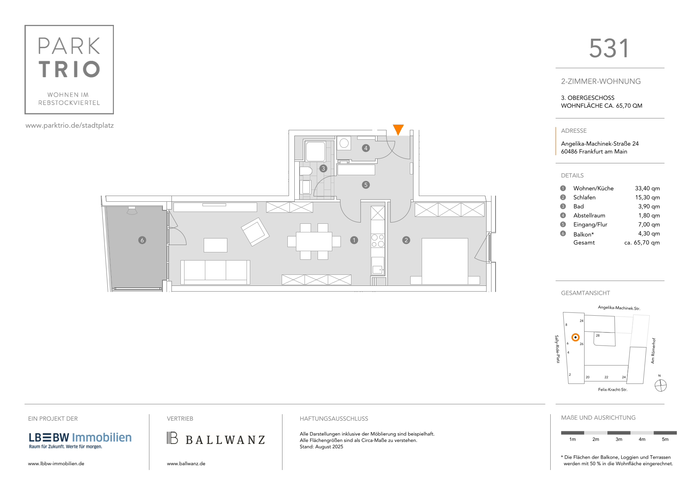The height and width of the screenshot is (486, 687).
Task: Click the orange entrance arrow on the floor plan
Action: (x=398, y=129)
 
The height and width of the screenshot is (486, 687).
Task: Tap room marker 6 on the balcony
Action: (x=142, y=240)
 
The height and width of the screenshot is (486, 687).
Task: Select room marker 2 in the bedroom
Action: (x=406, y=240)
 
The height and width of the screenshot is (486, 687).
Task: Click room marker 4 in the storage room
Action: (x=366, y=148)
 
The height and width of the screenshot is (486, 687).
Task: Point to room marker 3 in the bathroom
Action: (x=323, y=168)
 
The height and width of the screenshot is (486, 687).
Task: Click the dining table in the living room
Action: (x=314, y=241)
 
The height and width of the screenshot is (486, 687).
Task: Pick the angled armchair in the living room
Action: (x=255, y=232)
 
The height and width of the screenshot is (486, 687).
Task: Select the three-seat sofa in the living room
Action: (x=215, y=272)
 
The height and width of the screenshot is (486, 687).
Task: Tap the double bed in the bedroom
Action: (x=445, y=261)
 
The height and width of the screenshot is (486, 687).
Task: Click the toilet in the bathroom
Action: (x=306, y=171)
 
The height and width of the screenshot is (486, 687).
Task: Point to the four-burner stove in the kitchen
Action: (x=378, y=241)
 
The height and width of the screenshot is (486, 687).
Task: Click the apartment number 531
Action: (x=609, y=48)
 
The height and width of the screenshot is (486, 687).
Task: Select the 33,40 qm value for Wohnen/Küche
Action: (x=647, y=188)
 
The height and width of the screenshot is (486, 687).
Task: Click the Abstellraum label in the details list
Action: (x=589, y=215)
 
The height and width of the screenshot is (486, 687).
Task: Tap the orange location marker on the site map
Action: (x=576, y=337)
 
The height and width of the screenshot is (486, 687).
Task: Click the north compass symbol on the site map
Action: (x=660, y=386)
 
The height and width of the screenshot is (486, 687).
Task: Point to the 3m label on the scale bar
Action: (x=618, y=439)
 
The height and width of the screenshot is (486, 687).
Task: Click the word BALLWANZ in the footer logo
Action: (x=225, y=440)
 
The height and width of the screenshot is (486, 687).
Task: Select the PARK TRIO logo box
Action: (x=69, y=70)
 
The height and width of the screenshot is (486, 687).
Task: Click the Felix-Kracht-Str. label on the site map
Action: (x=612, y=390)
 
